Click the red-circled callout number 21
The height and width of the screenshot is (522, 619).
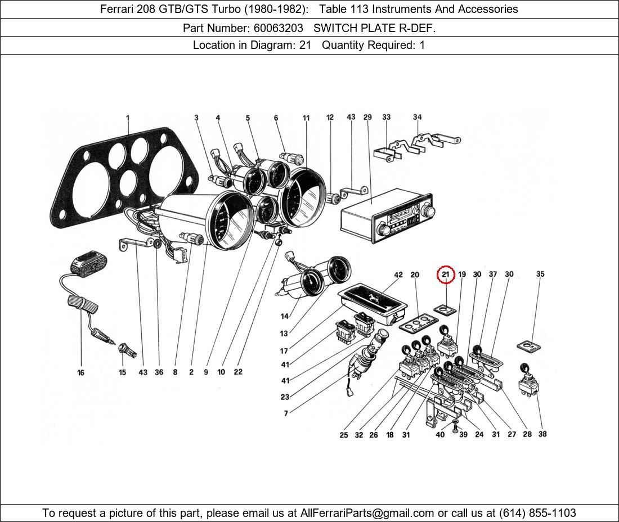point(446,274)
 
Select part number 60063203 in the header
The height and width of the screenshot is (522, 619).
point(280,28)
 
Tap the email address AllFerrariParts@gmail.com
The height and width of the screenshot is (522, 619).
point(367,513)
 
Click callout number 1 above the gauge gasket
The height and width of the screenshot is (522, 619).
point(128,118)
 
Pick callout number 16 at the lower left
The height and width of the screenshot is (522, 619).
point(81,372)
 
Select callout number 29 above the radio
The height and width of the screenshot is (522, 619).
point(367,118)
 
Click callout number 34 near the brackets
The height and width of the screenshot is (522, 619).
point(417,118)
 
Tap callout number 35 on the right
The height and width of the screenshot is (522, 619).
point(540,274)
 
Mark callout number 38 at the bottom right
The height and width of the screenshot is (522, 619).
point(542,434)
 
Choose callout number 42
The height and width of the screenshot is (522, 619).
point(398,275)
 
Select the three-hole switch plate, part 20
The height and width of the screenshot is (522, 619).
point(418,322)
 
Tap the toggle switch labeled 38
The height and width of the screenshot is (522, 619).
point(527,386)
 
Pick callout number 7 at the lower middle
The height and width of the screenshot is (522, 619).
point(286,413)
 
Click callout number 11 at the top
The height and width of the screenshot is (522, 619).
point(306,118)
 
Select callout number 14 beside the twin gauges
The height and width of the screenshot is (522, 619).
point(285,317)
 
